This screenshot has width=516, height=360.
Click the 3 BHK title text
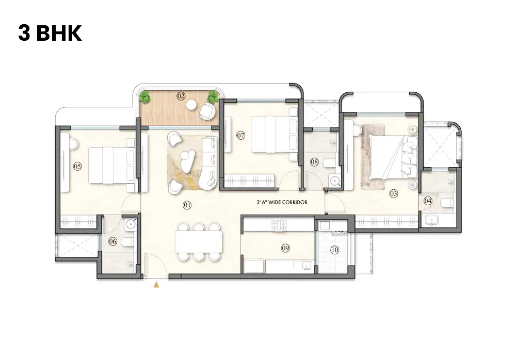pos(50,34)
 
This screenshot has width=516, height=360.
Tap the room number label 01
pos(187,205)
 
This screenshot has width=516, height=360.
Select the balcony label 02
pos(181,96)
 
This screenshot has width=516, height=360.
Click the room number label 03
pos(394,194)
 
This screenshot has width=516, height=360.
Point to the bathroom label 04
pos(428,200)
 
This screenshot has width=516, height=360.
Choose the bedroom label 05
pos(77,166)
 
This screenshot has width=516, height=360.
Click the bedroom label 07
pos(240,136)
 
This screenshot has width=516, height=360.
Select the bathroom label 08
pos(314,162)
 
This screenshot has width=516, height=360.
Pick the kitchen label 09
pos(285,248)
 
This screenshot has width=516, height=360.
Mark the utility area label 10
pos(334,250)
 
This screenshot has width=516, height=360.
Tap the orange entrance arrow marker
pos(156,284)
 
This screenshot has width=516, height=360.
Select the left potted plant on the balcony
pos(146,96)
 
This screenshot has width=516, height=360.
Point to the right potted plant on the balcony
pos(213,95)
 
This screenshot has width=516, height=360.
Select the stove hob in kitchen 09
pos(279,224)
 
